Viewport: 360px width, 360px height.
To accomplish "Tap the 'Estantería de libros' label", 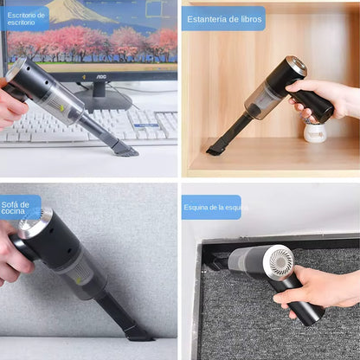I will tap(223, 18).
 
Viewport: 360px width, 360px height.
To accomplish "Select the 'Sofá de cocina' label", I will tap(20, 207).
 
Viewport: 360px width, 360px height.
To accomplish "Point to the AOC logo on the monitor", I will tap(101, 75).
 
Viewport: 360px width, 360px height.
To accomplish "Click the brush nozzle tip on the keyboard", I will tap(123, 150).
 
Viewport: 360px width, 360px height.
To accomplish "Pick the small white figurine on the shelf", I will tap(316, 132).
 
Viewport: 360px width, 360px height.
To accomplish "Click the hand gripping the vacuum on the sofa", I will tap(12, 255).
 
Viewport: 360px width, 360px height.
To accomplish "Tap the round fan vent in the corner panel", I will tap(279, 260).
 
